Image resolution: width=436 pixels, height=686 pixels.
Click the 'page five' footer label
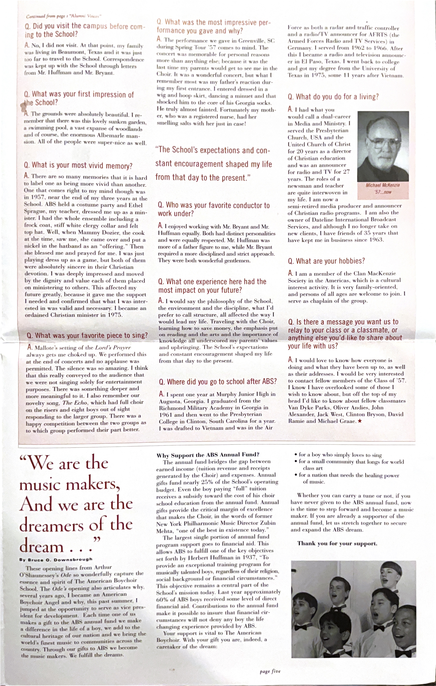click(270, 672)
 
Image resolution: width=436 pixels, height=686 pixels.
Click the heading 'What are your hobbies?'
click(326, 261)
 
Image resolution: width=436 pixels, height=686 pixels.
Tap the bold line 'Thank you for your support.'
click(337, 543)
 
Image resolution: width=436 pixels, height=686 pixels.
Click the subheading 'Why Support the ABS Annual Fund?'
click(208, 455)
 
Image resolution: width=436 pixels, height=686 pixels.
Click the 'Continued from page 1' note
click(64, 16)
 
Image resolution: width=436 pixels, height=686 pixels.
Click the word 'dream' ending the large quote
click(42, 546)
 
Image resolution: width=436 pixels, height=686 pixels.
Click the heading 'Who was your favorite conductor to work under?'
click(214, 209)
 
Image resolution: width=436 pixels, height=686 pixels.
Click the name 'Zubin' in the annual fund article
click(268, 523)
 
